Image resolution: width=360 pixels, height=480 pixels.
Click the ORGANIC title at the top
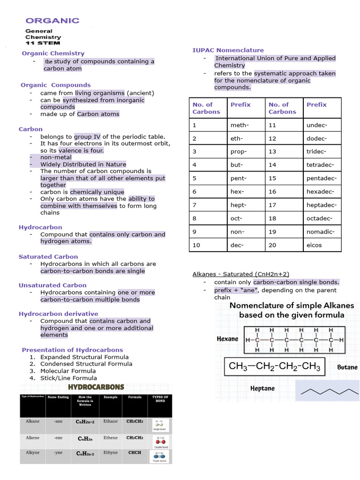coord(52,21)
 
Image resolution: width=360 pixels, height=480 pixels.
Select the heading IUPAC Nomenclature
coord(228,50)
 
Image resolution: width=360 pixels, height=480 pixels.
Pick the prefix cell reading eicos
coord(314,245)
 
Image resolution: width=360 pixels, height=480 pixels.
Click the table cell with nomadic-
coord(320,232)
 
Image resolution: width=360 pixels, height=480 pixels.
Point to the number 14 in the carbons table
coord(272,165)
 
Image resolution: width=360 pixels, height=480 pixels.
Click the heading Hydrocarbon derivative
coord(58,314)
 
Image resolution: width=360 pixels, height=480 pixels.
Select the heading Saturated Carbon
coord(48,256)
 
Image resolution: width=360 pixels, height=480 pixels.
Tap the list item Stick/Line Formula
coord(68,378)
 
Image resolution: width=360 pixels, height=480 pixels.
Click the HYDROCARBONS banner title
coord(96,387)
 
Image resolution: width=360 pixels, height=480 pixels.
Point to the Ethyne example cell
coord(111,453)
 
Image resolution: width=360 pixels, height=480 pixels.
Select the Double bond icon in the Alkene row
coord(160,441)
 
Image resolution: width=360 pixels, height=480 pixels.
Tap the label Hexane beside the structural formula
coord(227,339)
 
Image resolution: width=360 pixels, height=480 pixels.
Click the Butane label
coord(347,367)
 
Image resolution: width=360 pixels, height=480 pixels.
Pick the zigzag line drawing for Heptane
coord(328,391)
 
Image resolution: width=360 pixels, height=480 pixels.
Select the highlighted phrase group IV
coord(87,136)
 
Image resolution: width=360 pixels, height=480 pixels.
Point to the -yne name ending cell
coord(58,453)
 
